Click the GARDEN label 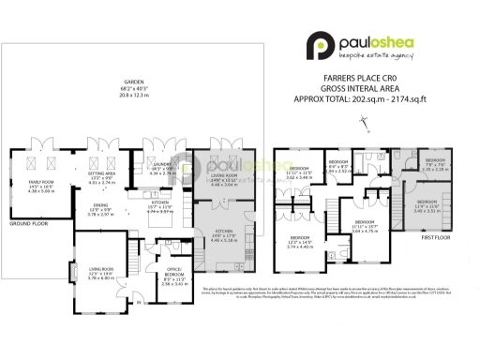(123, 81)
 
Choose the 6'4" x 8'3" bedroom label (339, 165)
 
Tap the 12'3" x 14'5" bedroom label (300, 242)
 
